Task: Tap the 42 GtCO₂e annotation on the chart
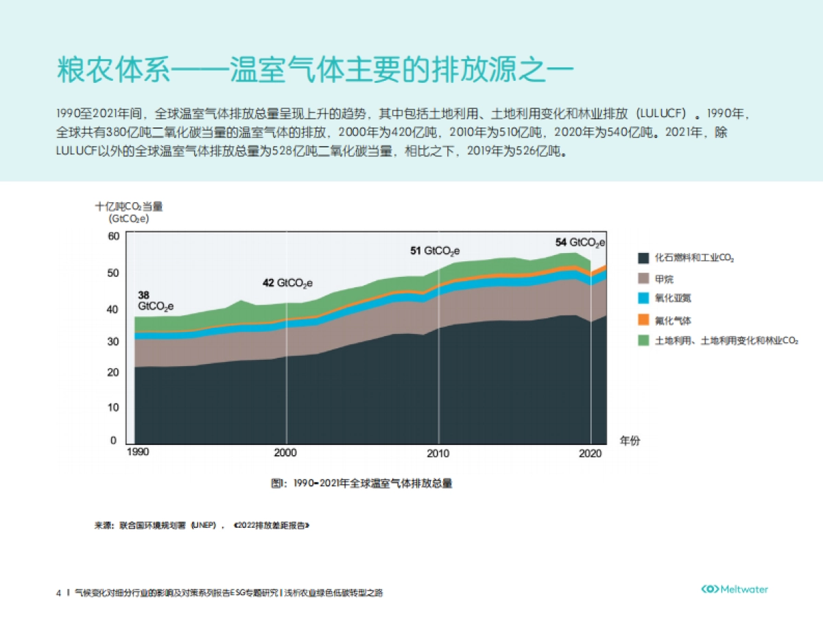coord(288,282)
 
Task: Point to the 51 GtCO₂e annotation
coord(435,251)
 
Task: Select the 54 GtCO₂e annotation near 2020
coord(580,242)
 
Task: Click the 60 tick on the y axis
coord(114,237)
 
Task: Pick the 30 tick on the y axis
coord(114,341)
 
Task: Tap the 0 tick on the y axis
coord(114,441)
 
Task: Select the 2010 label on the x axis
coord(438,453)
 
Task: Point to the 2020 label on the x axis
coord(590,453)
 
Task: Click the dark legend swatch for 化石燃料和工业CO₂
coord(643,258)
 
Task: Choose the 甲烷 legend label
coord(664,279)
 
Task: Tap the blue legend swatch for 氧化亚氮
coord(643,299)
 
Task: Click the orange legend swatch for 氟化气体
coord(643,319)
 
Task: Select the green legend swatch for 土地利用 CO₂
coord(643,340)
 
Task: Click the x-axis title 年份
coord(630,441)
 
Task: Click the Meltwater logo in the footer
coord(735,590)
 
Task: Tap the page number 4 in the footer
coord(58,592)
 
